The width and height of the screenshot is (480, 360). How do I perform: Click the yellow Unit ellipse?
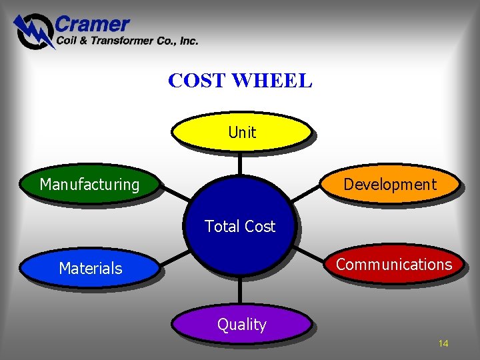[x=241, y=132]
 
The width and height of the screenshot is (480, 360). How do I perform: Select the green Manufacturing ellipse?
[x=90, y=184]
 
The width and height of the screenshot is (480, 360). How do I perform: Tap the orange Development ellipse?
[x=390, y=184]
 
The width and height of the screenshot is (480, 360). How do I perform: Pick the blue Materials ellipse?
[x=90, y=268]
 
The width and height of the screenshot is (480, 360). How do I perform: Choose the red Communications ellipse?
[x=393, y=264]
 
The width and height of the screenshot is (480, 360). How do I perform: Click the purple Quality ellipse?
[x=241, y=325]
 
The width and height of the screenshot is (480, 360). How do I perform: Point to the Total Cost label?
[x=240, y=227]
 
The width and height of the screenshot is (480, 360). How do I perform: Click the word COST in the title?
[x=197, y=81]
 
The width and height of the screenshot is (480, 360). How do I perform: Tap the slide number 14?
[x=443, y=343]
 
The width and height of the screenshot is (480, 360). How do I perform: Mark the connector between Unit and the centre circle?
[x=241, y=163]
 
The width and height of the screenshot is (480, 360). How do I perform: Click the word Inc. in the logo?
[x=187, y=41]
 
